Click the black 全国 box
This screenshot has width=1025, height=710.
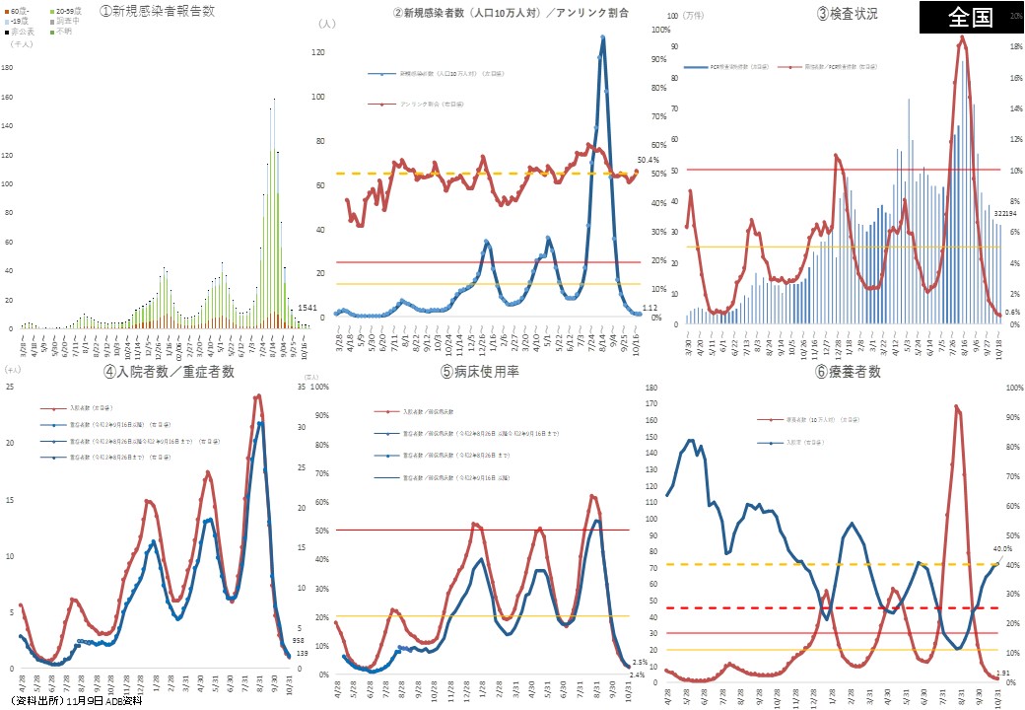pos(971,18)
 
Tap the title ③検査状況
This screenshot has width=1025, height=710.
pos(847,14)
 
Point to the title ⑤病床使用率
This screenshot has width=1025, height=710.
pos(487,372)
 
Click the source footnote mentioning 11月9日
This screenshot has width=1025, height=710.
pos(76,700)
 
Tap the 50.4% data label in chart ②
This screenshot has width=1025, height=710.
pos(648,160)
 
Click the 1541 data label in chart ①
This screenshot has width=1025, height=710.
pos(307,309)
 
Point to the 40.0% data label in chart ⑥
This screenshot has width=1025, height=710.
pos(1002,549)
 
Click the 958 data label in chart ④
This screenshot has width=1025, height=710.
pos(299,640)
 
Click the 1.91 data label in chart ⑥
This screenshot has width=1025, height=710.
pos(1003,673)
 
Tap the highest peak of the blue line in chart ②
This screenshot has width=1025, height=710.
pos(602,37)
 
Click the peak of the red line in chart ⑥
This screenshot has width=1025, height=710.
pos(956,405)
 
